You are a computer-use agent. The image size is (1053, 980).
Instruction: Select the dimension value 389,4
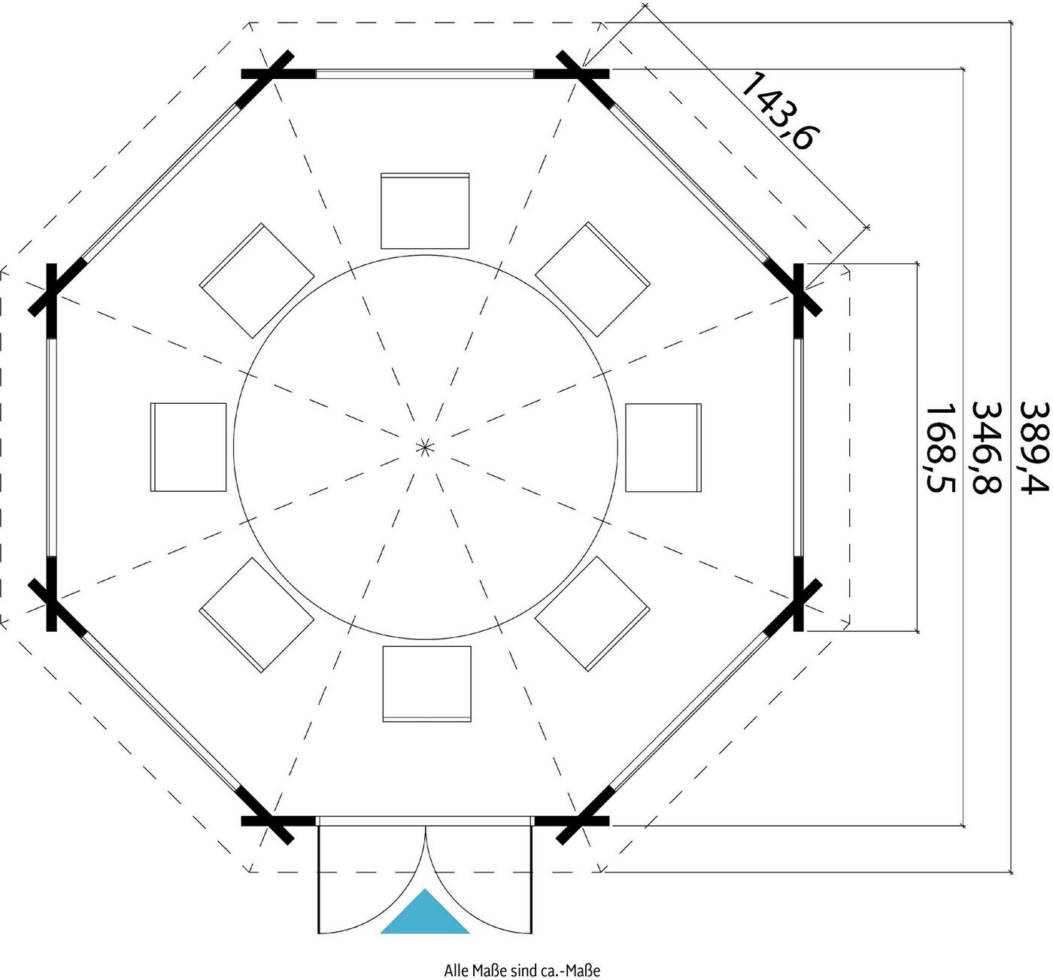pyautogui.click(x=1034, y=448)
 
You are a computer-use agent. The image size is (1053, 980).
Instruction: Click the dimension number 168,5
pyautogui.click(x=940, y=449)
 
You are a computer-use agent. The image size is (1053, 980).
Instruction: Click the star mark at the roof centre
pyautogui.click(x=424, y=447)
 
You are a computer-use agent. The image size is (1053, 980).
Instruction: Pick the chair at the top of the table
pyautogui.click(x=425, y=211)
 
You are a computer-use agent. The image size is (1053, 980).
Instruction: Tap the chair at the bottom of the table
pyautogui.click(x=426, y=684)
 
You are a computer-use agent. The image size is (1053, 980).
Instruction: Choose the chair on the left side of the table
pyautogui.click(x=188, y=447)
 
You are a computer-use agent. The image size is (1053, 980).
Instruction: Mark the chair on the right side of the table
pyautogui.click(x=663, y=448)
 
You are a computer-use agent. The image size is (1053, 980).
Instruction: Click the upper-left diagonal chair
pyautogui.click(x=257, y=281)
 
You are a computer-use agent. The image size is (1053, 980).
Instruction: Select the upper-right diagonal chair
pyautogui.click(x=592, y=279)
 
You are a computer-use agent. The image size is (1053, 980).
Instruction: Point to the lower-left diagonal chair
pyautogui.click(x=256, y=614)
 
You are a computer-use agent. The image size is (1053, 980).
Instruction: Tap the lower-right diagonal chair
pyautogui.click(x=592, y=614)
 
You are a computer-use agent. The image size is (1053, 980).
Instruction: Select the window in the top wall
pyautogui.click(x=425, y=74)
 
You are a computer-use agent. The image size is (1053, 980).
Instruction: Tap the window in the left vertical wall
pyautogui.click(x=51, y=448)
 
